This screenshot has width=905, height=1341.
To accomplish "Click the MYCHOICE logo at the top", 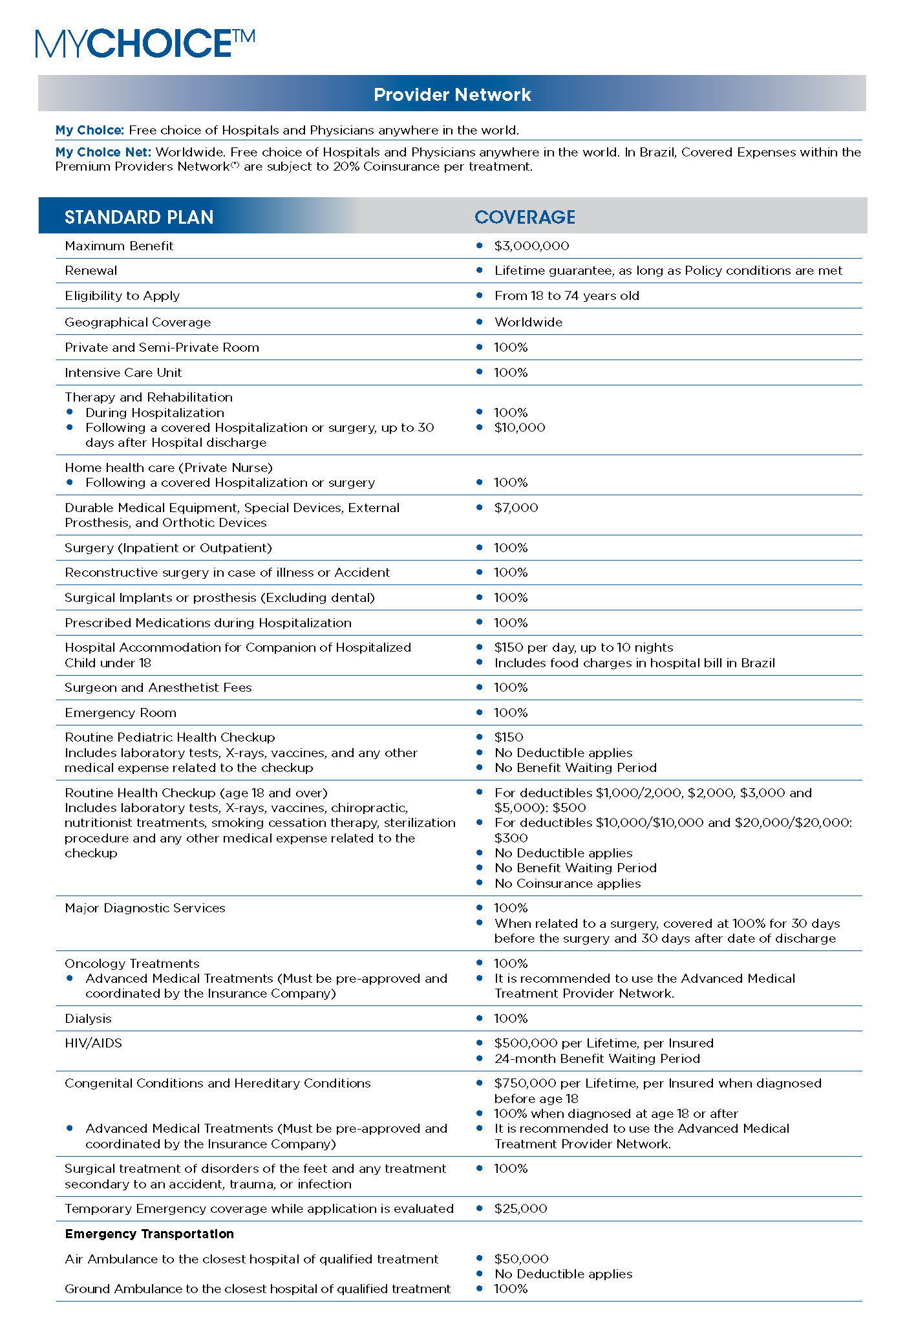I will click(145, 43).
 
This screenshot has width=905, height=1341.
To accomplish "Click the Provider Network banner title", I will click(452, 94).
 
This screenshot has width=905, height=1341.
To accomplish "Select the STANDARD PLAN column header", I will click(139, 217).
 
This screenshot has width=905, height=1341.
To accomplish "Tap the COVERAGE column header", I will click(524, 217).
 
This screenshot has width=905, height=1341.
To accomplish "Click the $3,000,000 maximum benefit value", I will click(531, 246).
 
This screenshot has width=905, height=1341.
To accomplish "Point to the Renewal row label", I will click(91, 271).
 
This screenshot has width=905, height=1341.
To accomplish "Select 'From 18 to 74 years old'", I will click(566, 296).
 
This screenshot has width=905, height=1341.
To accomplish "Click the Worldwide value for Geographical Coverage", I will click(528, 322).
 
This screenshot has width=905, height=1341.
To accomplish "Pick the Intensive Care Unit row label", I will click(123, 372).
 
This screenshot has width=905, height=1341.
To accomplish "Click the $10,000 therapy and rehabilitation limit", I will click(520, 427).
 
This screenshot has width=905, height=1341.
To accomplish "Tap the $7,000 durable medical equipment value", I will click(516, 508).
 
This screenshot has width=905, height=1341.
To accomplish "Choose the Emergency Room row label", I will click(120, 713).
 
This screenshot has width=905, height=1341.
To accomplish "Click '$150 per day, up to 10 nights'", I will click(583, 647).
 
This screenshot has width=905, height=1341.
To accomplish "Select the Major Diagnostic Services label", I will click(145, 908).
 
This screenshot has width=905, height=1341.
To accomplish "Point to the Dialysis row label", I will click(88, 1018).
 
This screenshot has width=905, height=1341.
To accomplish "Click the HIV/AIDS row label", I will click(93, 1043).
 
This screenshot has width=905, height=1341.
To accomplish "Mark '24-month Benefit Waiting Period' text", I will click(597, 1058).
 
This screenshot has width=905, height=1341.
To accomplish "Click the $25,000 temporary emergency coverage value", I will click(520, 1208).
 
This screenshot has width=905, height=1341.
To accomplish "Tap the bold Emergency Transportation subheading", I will click(149, 1234).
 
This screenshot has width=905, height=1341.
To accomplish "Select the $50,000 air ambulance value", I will click(521, 1259).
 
